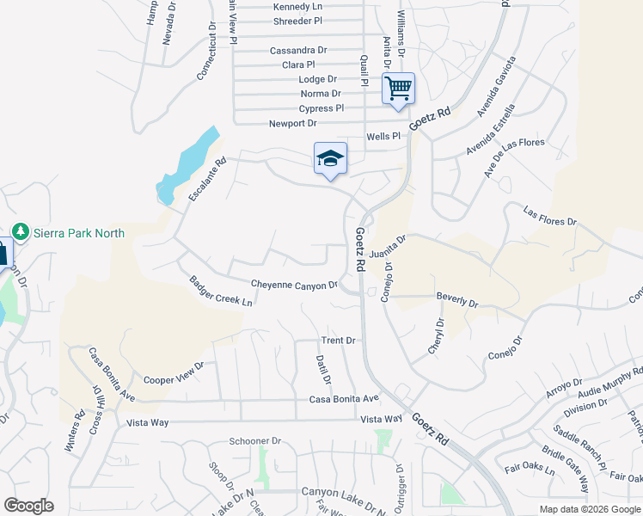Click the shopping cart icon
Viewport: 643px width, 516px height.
pos(398,89)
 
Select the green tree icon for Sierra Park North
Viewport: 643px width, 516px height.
pos(21,232)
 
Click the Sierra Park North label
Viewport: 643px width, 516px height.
pos(79,233)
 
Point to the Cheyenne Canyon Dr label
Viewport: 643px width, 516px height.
pos(293,284)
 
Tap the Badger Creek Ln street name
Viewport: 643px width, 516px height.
pos(222,291)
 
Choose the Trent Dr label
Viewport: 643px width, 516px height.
pos(338,341)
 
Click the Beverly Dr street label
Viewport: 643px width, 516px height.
pos(456,300)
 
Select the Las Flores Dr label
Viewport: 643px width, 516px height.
pos(550,215)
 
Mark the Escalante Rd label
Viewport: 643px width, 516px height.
pos(207,180)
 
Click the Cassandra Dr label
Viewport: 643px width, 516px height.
pos(298,51)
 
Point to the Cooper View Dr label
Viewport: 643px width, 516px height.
pos(174,372)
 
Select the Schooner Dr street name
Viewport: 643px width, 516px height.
pos(255,441)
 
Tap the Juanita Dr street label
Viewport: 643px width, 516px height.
pos(386,249)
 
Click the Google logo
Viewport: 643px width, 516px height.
pos(29,505)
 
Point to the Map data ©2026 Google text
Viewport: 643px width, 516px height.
pos(590,509)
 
